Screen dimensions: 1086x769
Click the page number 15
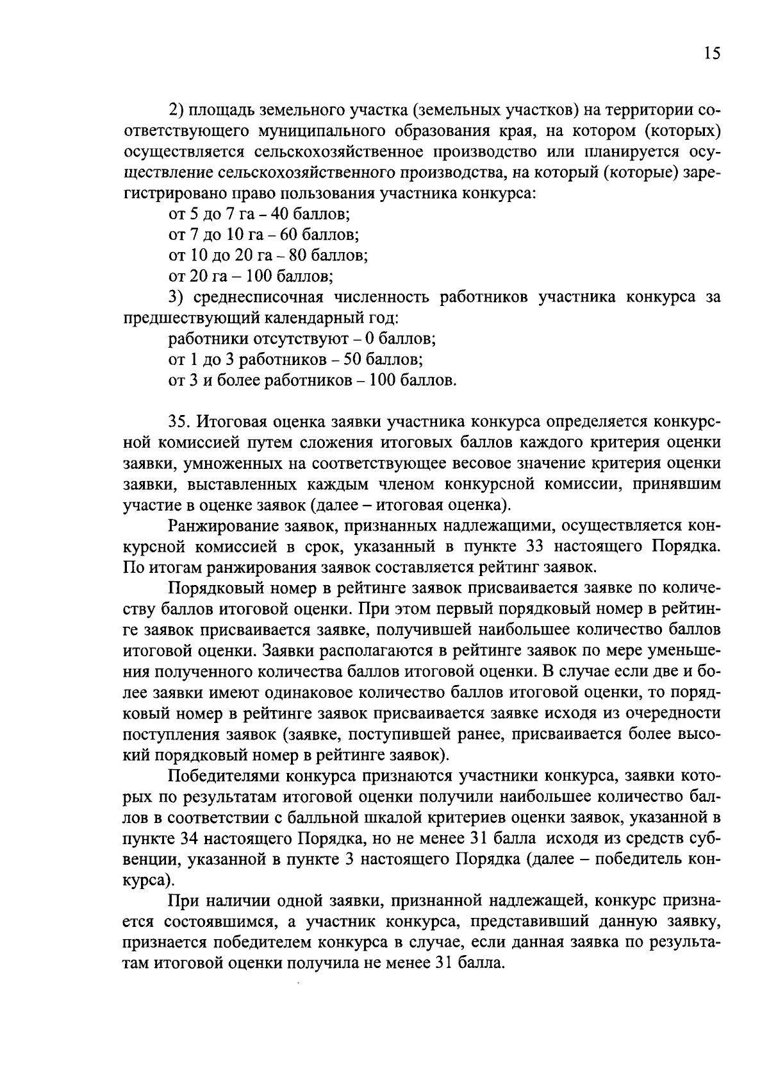(x=712, y=54)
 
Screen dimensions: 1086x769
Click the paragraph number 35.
(x=179, y=422)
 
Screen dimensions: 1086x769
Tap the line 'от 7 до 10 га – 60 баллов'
(x=263, y=234)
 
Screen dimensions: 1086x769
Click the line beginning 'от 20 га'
(x=250, y=276)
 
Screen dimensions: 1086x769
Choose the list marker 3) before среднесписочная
(x=175, y=298)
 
